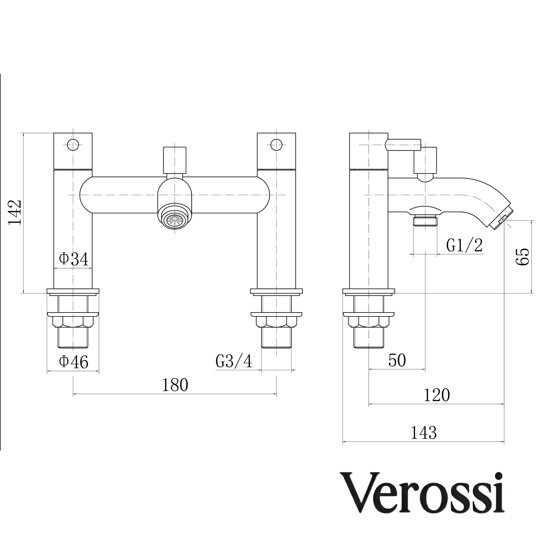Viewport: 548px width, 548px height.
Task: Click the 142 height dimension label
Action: tap(15, 212)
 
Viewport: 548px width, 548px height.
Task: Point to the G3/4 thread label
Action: tap(234, 361)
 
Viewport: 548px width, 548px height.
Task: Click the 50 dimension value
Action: tap(397, 360)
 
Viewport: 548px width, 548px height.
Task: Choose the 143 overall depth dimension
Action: tap(424, 433)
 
